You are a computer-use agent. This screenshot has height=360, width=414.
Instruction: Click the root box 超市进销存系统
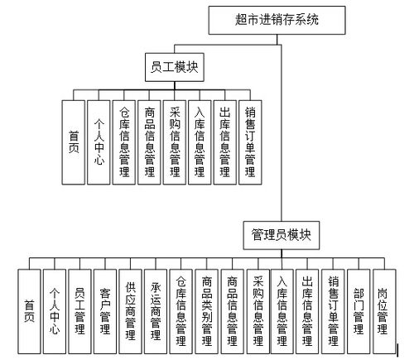277,21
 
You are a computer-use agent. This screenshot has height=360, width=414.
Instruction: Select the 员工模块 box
175,67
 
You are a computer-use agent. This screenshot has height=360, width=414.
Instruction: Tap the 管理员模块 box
282,235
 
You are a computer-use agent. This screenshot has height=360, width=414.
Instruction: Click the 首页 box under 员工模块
74,142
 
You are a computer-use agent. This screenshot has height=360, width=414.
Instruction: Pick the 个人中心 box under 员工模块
99,142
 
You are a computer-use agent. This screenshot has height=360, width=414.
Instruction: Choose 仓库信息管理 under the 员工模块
124,142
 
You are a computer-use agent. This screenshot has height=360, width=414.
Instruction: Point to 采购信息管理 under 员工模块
175,142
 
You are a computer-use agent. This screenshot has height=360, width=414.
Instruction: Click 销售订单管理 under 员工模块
250,142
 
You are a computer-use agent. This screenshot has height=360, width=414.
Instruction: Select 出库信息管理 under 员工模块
225,142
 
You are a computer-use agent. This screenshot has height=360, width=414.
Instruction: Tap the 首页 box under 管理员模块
29,311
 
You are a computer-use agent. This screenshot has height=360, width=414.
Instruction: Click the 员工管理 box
79,311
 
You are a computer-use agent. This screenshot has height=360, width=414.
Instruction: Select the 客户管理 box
105,311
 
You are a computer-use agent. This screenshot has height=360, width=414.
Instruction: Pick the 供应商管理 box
131,311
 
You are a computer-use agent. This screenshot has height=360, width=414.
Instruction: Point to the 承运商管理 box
156,311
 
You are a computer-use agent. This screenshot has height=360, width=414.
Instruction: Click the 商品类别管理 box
207,311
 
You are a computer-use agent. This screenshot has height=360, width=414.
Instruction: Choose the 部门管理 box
359,311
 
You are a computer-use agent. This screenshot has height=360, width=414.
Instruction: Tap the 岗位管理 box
384,311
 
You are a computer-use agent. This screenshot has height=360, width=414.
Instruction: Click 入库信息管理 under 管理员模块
282,311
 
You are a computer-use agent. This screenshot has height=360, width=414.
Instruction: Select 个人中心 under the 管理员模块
55,311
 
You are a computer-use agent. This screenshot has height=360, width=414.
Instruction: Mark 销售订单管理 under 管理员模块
333,311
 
